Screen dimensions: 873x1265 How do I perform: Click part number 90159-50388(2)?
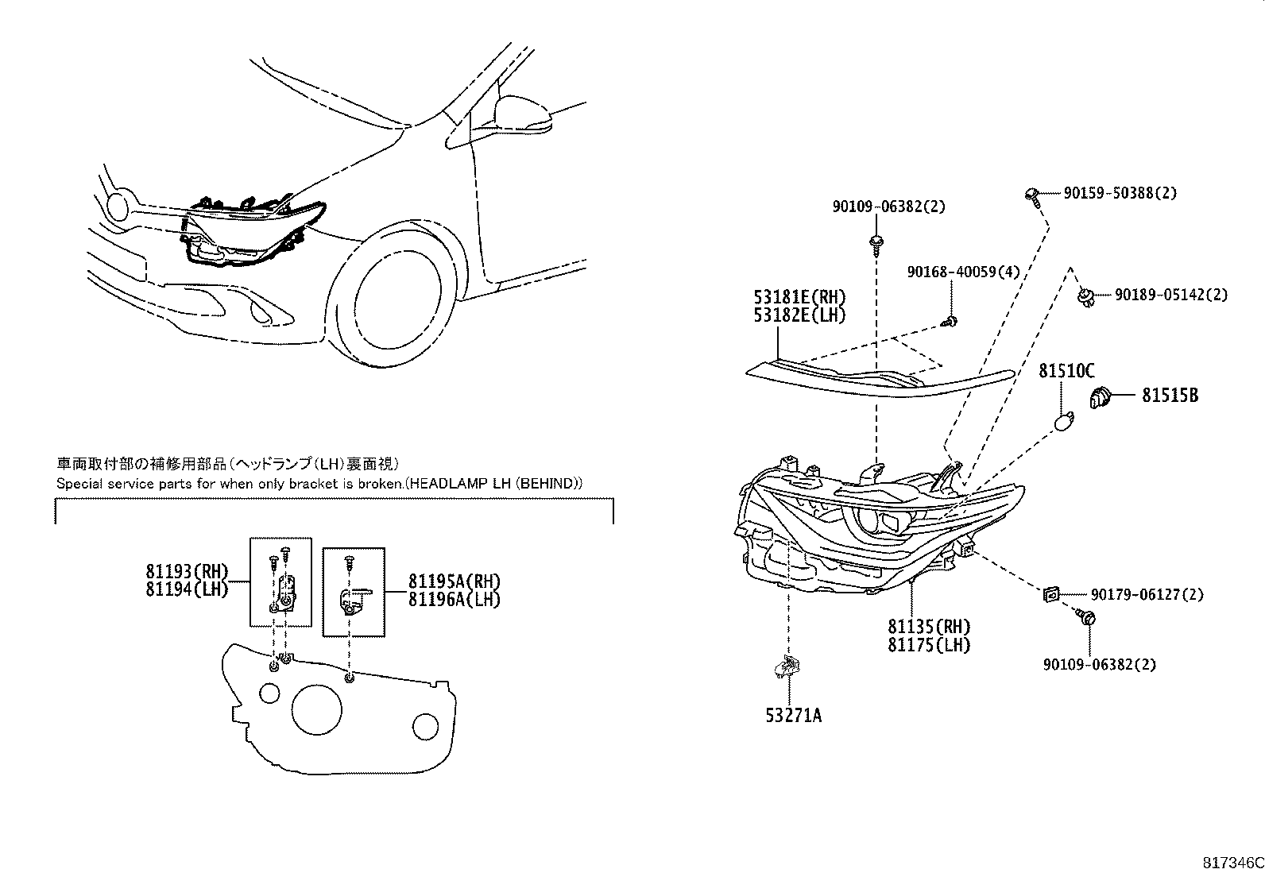[x=1120, y=193]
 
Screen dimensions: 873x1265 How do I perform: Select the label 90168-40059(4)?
[x=963, y=272]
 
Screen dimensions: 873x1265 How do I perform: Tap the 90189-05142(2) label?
[x=1170, y=296]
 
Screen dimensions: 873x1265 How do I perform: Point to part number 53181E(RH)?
[x=799, y=298]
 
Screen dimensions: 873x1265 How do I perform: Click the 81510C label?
[x=1066, y=371]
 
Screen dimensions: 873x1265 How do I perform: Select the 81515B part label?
[x=1170, y=395]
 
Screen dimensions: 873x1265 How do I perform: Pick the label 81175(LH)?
[x=929, y=645]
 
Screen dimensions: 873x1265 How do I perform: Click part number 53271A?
[x=793, y=716]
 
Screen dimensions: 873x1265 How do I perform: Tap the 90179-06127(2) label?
[x=1146, y=595]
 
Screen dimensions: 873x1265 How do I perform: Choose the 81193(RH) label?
[x=187, y=572]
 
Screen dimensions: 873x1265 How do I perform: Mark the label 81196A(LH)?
[x=454, y=600]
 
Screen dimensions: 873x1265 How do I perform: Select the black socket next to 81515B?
[x=1101, y=397]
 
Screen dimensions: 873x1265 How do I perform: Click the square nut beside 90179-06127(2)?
[x=1050, y=593]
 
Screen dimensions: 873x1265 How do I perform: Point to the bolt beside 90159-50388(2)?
[x=1031, y=195]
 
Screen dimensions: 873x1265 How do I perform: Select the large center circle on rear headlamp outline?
[x=316, y=709]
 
